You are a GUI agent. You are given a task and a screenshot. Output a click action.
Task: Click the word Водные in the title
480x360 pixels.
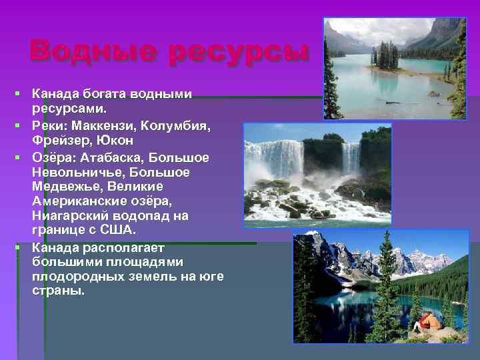click(93, 51)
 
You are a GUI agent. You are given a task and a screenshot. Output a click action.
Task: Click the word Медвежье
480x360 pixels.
click(63, 187)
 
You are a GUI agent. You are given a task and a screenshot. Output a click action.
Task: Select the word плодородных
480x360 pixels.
click(73, 276)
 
